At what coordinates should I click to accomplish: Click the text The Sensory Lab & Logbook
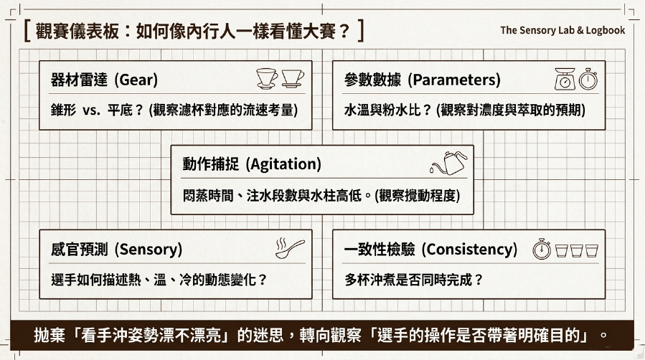562,30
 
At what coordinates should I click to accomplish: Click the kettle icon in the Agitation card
448,163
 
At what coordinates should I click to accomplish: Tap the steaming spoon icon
290,248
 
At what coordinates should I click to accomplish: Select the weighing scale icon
565,78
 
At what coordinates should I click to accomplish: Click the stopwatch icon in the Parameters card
588,79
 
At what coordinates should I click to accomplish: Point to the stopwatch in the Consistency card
542,249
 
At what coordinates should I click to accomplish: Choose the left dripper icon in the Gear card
267,78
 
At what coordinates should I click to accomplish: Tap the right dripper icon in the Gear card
293,78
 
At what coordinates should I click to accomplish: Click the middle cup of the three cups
577,251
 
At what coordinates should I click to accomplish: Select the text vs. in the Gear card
91,110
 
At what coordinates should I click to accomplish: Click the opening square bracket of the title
27,31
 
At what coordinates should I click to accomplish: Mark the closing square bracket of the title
361,31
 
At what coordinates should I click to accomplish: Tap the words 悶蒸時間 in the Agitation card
208,196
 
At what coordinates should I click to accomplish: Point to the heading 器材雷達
79,80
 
